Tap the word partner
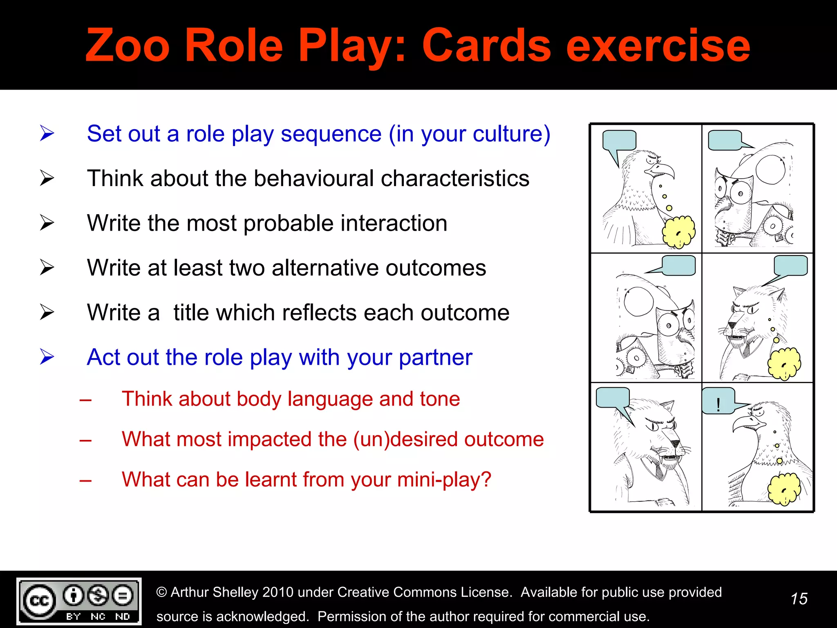(x=435, y=358)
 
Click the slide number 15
(x=799, y=599)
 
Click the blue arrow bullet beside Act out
(x=47, y=357)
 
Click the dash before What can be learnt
(x=85, y=480)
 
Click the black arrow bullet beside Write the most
(x=47, y=223)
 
